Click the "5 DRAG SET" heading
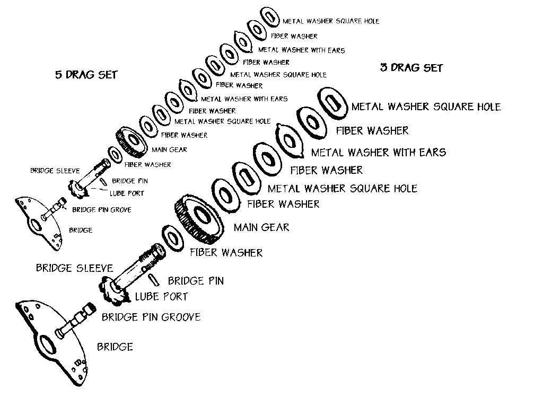(x=86, y=75)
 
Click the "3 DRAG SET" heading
(x=411, y=67)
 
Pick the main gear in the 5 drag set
(x=132, y=142)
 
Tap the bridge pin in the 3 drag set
(x=154, y=280)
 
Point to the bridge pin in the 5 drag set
(x=103, y=182)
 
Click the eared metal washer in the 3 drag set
(x=290, y=140)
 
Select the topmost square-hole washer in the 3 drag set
(x=332, y=103)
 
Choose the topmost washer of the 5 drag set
(x=269, y=16)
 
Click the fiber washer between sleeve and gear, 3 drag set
(x=173, y=238)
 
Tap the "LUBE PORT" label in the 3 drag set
(x=161, y=297)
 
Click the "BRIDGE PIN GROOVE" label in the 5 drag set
(x=102, y=210)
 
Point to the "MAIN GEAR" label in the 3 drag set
(x=261, y=227)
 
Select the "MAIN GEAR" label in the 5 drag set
(x=169, y=150)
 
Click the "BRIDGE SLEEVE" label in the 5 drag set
(x=55, y=171)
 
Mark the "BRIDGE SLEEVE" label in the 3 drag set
(x=74, y=268)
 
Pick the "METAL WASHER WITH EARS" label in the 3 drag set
(x=379, y=152)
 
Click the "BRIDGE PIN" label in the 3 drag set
(x=196, y=281)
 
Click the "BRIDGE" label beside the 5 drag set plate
(x=81, y=230)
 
